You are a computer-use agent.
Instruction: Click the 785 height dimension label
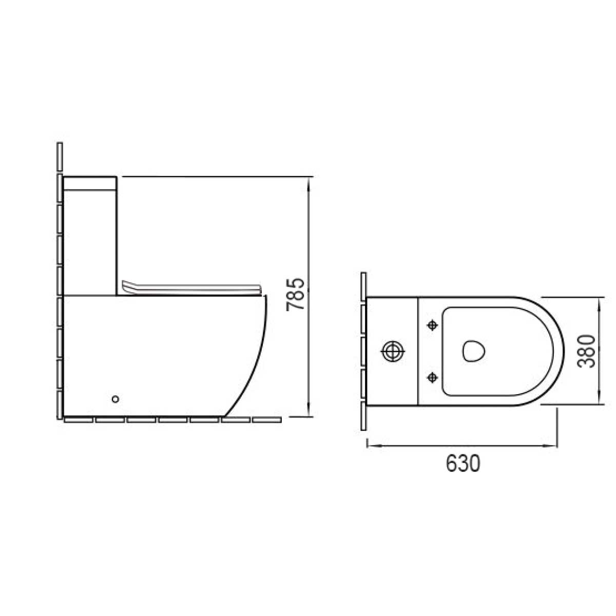click(295, 295)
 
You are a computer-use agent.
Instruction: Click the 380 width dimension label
click(586, 351)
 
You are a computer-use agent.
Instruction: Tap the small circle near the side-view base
click(115, 399)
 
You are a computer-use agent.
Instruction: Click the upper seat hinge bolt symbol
click(432, 325)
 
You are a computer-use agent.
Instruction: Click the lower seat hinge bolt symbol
click(432, 378)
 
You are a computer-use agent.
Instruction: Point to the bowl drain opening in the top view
click(474, 351)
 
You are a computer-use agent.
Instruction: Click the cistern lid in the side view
click(90, 183)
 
